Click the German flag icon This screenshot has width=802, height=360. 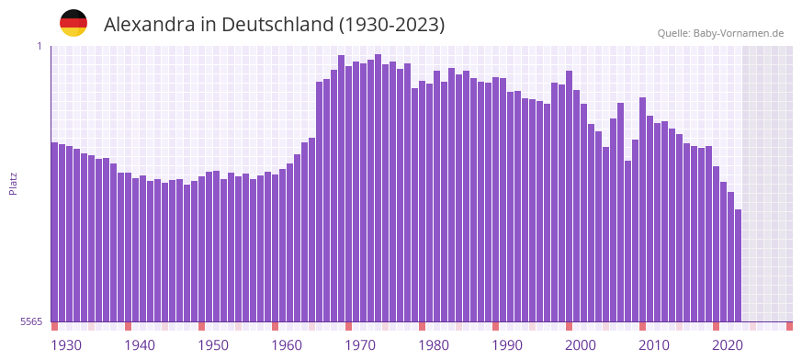tap(73, 23)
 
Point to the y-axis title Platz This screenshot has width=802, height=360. tap(13, 183)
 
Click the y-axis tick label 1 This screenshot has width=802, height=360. tap(40, 46)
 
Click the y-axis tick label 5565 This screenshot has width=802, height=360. tap(30, 321)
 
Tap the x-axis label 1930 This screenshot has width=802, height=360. tap(66, 345)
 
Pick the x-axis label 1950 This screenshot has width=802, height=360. tap(213, 345)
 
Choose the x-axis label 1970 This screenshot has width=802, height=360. tap(360, 345)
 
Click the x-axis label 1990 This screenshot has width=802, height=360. tap(507, 345)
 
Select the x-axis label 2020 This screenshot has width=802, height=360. tap(728, 345)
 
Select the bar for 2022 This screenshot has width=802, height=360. tap(738, 265)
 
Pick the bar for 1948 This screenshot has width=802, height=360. tap(202, 248)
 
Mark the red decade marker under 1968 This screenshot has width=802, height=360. tap(348, 326)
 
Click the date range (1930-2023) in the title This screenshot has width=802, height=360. tap(391, 25)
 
